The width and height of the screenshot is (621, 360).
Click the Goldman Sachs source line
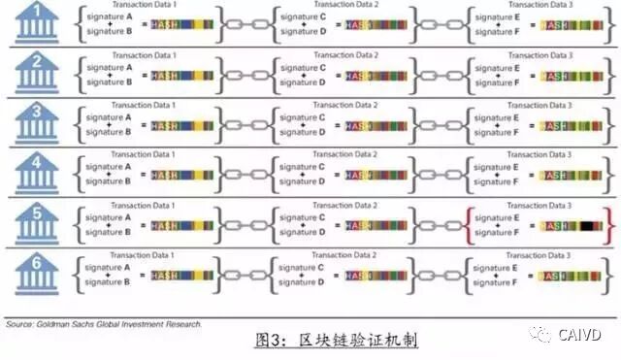click(x=101, y=324)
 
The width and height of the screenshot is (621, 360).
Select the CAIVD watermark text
click(x=582, y=335)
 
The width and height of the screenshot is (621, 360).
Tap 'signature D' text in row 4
click(x=307, y=183)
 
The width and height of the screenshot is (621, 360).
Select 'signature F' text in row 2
click(x=502, y=82)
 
